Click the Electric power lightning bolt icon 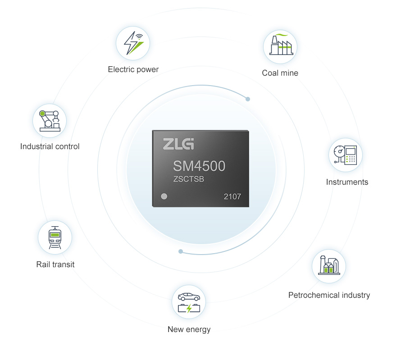click(133, 43)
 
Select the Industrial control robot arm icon click(50, 120)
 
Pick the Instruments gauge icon click(346, 155)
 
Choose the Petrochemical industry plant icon click(329, 265)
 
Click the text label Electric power click(133, 69)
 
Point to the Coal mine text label click(280, 73)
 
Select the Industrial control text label click(50, 146)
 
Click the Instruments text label click(347, 182)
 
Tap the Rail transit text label click(55, 264)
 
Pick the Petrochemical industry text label click(329, 295)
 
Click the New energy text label click(189, 329)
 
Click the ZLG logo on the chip click(178, 144)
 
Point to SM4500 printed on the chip click(199, 166)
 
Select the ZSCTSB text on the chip click(189, 179)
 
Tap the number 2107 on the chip click(232, 197)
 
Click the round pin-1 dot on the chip click(164, 196)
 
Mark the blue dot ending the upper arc click(248, 99)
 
